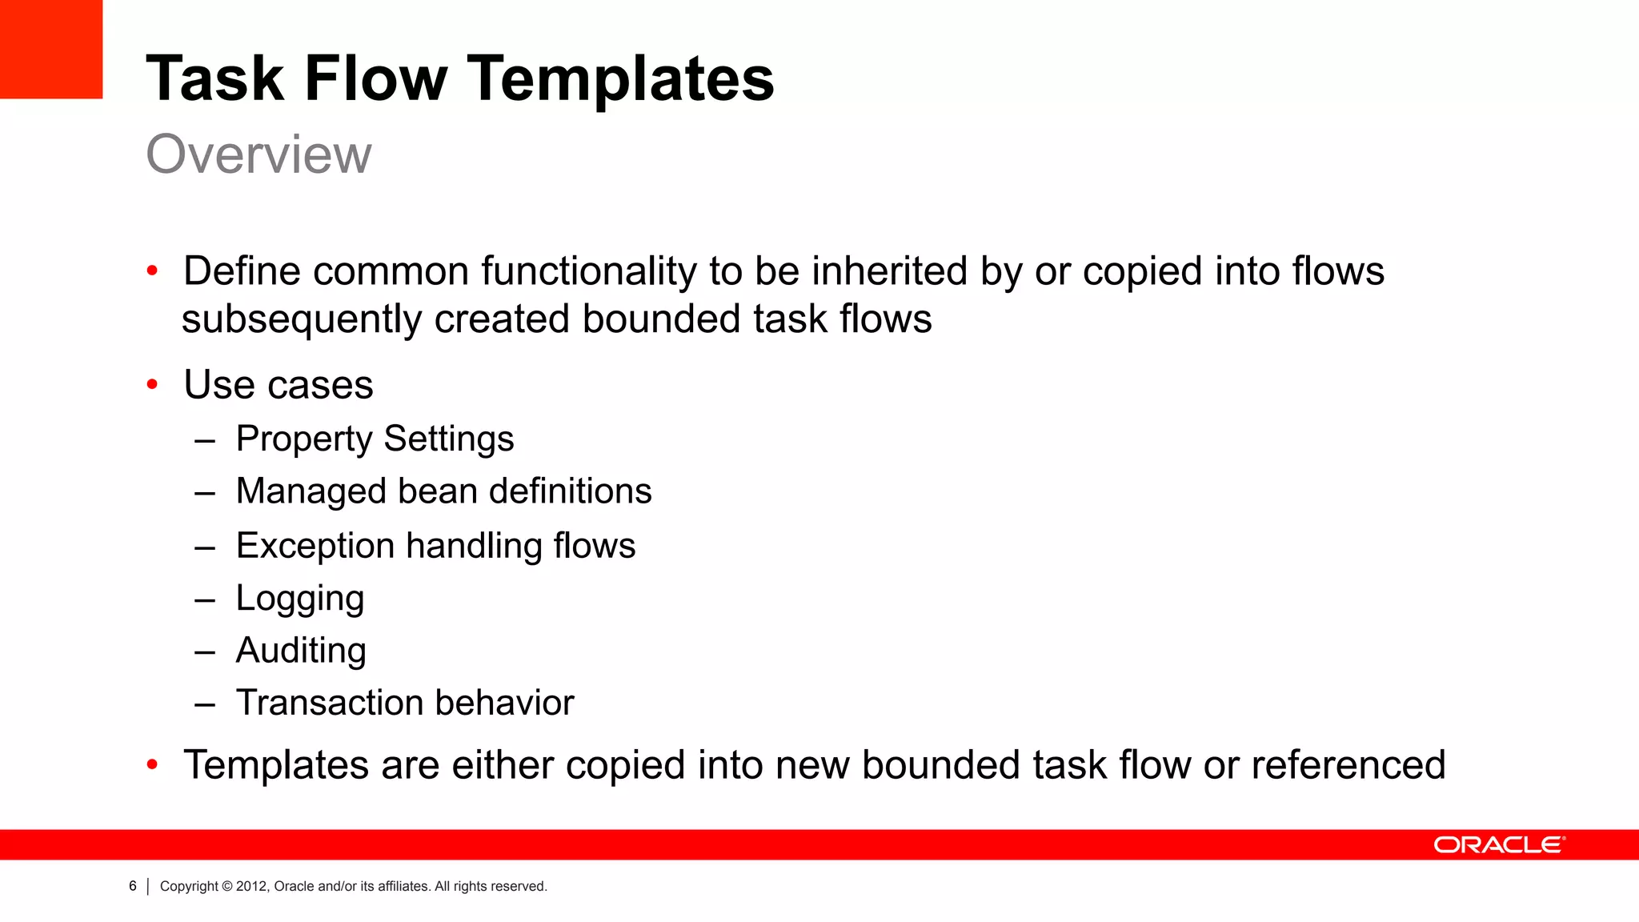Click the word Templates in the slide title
[620, 78]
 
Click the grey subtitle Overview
[258, 154]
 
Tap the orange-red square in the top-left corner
[51, 49]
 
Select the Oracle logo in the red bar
[1499, 845]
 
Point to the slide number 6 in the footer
[133, 886]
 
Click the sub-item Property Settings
[375, 439]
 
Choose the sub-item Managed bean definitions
[443, 491]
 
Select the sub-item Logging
[300, 599]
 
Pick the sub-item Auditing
[301, 651]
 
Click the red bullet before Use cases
[152, 385]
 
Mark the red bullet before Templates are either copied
[152, 765]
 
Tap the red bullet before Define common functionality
[152, 271]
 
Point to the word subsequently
[301, 319]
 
